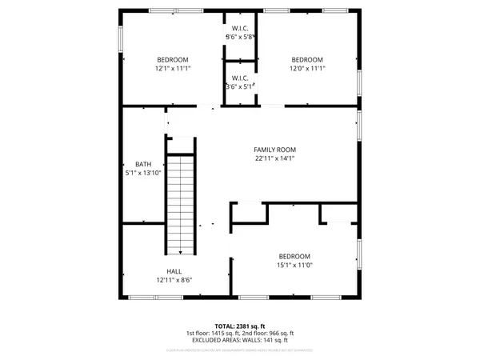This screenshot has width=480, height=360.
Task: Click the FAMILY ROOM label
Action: pyautogui.click(x=274, y=150)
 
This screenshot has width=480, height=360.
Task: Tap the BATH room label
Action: pyautogui.click(x=143, y=164)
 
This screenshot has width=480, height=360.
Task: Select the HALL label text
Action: pyautogui.click(x=174, y=271)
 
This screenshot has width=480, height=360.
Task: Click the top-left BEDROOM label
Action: pyautogui.click(x=172, y=60)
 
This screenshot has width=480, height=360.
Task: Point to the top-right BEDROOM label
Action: pyautogui.click(x=306, y=60)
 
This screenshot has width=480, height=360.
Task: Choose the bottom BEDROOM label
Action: pyautogui.click(x=294, y=256)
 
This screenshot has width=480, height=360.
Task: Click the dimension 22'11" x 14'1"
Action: pyautogui.click(x=274, y=158)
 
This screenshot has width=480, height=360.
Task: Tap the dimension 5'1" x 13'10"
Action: pyautogui.click(x=143, y=173)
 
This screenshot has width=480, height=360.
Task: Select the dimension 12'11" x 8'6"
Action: pyautogui.click(x=174, y=280)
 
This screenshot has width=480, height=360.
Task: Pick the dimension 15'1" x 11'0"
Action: pyautogui.click(x=294, y=265)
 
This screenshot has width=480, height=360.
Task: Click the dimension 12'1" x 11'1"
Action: pyautogui.click(x=172, y=69)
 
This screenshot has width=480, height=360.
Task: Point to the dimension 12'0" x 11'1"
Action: pyautogui.click(x=306, y=69)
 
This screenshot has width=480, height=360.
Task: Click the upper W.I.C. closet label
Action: pyautogui.click(x=239, y=29)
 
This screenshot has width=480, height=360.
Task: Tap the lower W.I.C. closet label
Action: pyautogui.click(x=239, y=78)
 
